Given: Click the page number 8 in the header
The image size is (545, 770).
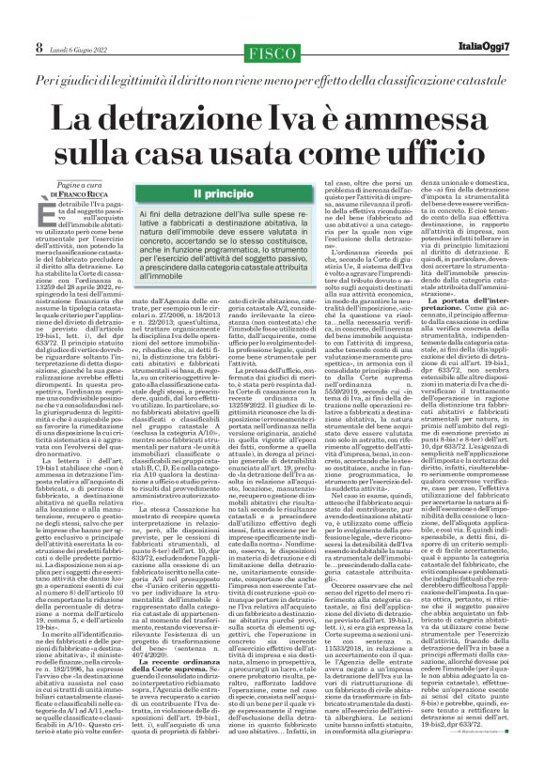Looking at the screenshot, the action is click(x=13, y=20).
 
